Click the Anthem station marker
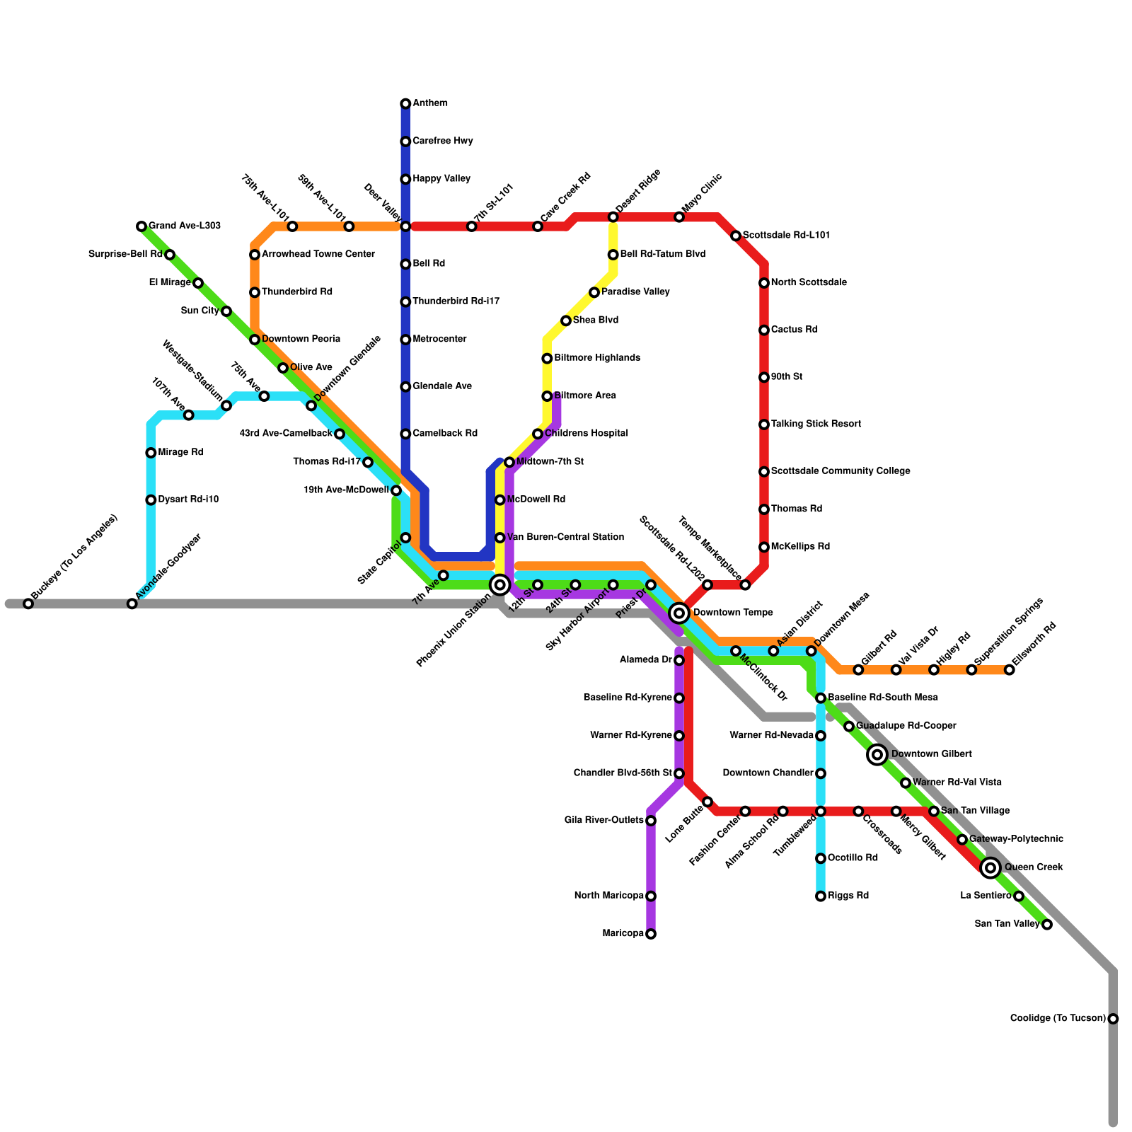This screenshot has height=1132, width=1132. [405, 104]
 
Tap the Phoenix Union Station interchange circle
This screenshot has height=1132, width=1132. [500, 585]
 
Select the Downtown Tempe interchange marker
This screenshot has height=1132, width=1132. [679, 613]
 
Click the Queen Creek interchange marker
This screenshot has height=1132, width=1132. [990, 867]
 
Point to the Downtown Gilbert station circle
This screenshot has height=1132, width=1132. [877, 755]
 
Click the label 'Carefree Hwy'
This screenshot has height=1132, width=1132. [443, 141]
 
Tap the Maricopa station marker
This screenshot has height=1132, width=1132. [651, 934]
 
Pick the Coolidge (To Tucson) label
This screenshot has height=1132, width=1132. [1058, 1019]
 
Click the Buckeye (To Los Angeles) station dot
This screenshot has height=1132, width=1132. [28, 603]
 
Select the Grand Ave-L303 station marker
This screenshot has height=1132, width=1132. [141, 226]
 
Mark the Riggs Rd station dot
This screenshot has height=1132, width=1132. [821, 896]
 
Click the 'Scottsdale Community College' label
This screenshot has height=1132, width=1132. [841, 471]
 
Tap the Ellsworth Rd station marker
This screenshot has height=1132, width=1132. [1010, 670]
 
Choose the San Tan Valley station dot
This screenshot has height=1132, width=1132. [1047, 925]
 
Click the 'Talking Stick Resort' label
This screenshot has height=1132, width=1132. [816, 424]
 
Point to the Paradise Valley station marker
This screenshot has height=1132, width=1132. [594, 292]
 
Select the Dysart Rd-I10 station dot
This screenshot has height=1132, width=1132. [151, 500]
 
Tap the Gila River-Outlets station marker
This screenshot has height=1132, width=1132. [651, 821]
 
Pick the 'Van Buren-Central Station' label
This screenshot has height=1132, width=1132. [565, 538]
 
